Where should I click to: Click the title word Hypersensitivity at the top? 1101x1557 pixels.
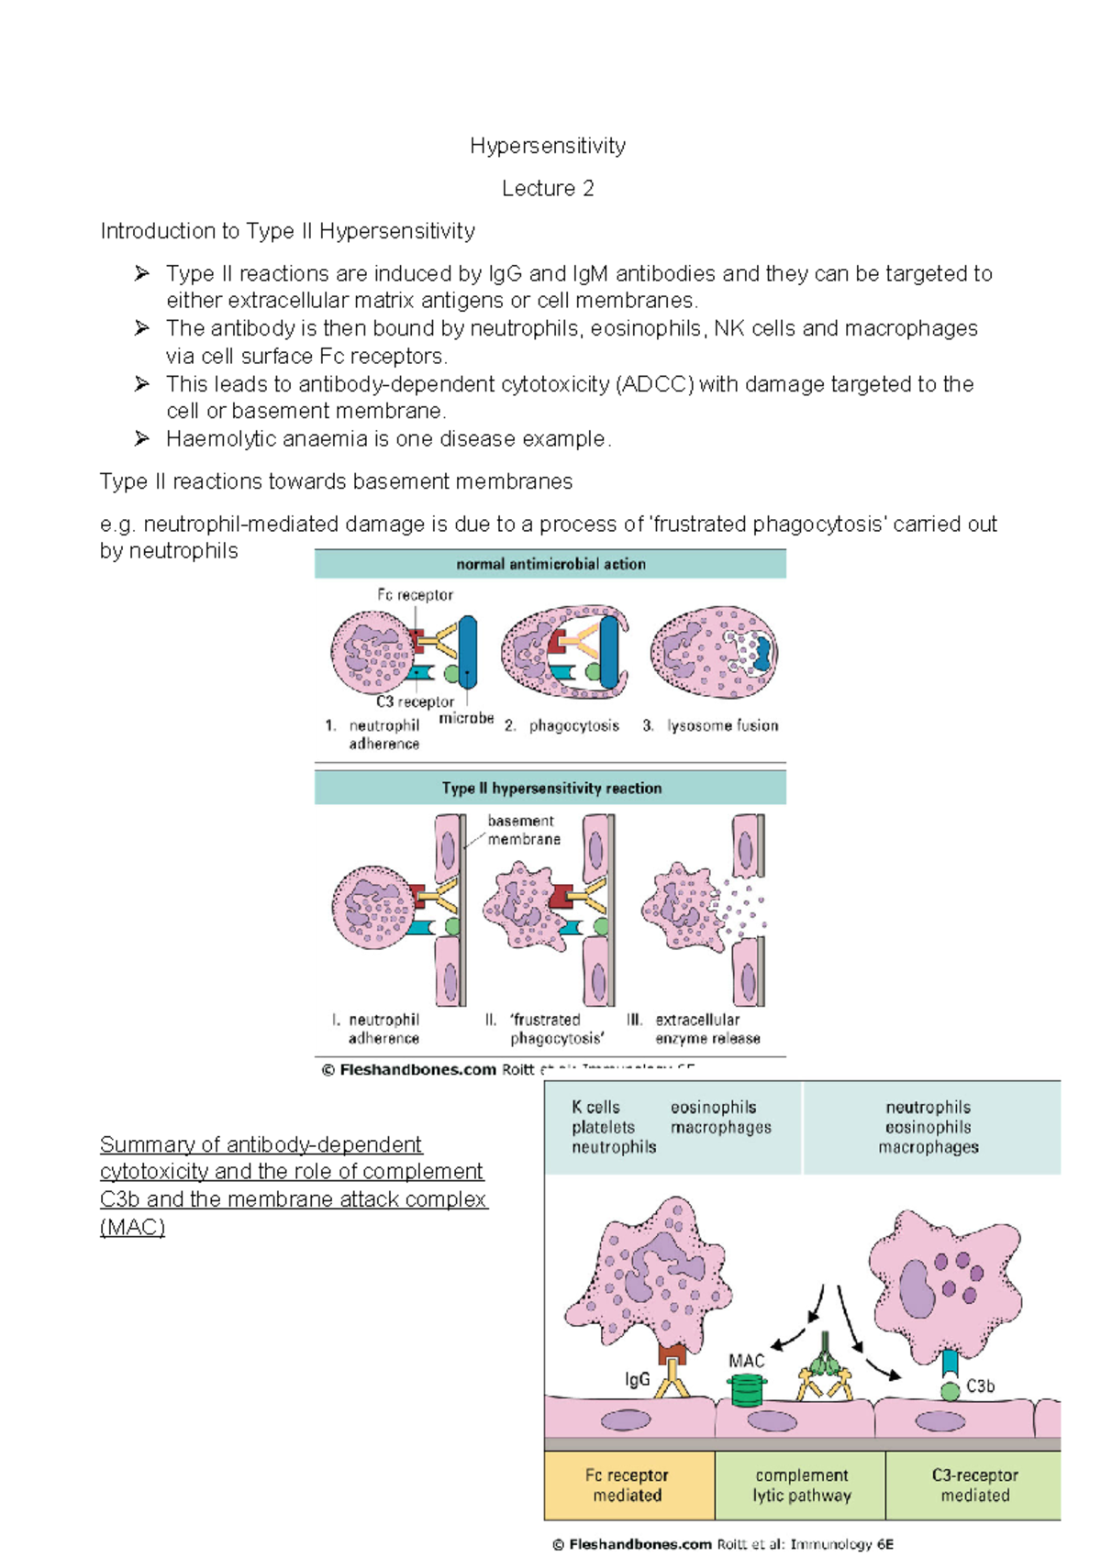click(548, 146)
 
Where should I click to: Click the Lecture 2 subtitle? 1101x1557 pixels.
click(548, 189)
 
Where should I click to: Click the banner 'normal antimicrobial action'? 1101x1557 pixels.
click(550, 564)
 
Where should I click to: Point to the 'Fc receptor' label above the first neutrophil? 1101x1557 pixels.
click(415, 595)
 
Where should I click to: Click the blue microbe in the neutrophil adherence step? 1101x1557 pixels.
click(468, 651)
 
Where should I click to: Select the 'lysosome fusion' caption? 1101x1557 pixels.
click(722, 725)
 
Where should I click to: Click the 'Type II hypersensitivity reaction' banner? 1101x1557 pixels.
click(550, 788)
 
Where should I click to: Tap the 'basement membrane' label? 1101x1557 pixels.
click(523, 830)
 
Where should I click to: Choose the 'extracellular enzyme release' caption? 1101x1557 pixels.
click(706, 1029)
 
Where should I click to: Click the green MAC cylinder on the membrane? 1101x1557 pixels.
click(746, 1390)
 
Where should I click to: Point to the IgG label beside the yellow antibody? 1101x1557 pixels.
click(637, 1379)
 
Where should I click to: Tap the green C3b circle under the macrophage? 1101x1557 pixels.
click(951, 1390)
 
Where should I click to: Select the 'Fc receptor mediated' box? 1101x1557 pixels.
click(628, 1485)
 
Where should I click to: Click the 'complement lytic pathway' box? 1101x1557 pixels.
click(801, 1485)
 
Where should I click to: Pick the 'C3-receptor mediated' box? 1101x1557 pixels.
click(974, 1485)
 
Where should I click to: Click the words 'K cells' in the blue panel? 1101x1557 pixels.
click(595, 1108)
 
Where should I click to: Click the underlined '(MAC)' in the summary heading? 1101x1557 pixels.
click(132, 1227)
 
